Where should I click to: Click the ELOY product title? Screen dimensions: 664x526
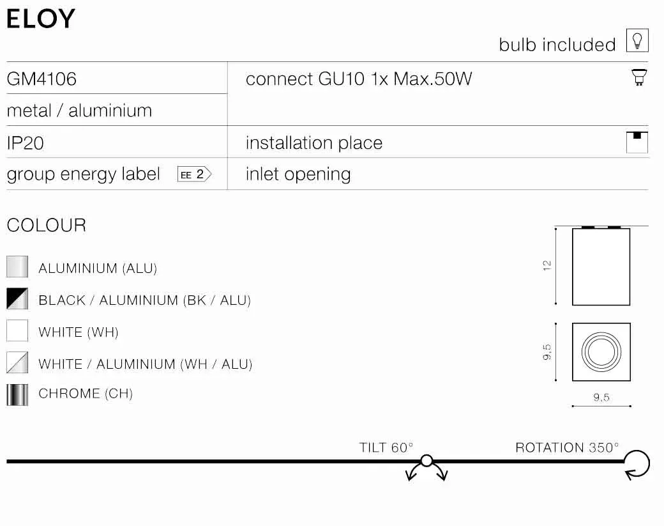click(x=41, y=19)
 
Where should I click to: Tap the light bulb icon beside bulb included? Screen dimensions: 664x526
click(x=637, y=40)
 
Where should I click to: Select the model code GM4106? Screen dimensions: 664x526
click(x=41, y=79)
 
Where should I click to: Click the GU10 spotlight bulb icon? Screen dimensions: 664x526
click(x=639, y=77)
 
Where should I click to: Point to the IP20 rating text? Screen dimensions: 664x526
click(x=25, y=143)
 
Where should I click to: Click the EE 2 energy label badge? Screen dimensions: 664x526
click(x=194, y=174)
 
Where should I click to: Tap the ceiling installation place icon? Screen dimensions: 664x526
click(x=637, y=143)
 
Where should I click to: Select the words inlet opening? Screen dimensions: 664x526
click(x=298, y=174)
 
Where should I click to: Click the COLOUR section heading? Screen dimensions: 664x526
click(x=47, y=225)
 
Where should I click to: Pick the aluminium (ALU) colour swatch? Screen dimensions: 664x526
click(x=17, y=267)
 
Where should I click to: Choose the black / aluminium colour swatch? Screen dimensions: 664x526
click(x=17, y=299)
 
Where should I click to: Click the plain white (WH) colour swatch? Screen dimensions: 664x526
click(x=17, y=330)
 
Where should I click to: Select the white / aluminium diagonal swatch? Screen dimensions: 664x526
click(x=17, y=362)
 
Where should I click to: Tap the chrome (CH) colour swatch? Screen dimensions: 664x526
click(x=17, y=394)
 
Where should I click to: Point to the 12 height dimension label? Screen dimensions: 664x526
click(x=547, y=266)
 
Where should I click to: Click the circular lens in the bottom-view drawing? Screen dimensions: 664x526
click(x=601, y=352)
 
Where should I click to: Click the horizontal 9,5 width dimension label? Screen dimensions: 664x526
click(x=601, y=397)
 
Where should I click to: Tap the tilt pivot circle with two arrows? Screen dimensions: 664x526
click(x=427, y=460)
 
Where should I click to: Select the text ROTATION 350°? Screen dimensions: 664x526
click(x=567, y=447)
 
